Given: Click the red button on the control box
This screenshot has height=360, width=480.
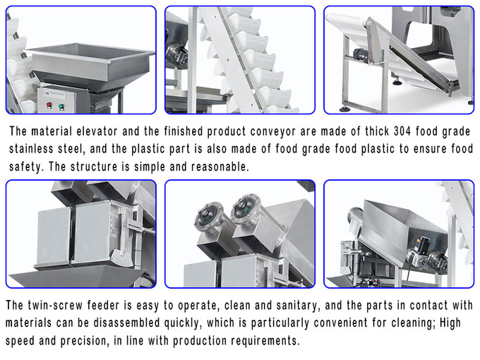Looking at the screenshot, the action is (49, 106).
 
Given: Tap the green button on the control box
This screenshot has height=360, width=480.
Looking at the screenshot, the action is (61, 107).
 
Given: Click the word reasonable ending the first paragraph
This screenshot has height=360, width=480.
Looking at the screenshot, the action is (220, 167).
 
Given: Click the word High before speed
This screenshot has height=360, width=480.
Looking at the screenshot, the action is (450, 323).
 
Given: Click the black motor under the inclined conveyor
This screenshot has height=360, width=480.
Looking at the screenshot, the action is (361, 56).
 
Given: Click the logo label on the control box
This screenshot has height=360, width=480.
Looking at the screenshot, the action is (55, 94).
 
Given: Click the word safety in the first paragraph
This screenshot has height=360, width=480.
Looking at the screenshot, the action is (26, 167).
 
